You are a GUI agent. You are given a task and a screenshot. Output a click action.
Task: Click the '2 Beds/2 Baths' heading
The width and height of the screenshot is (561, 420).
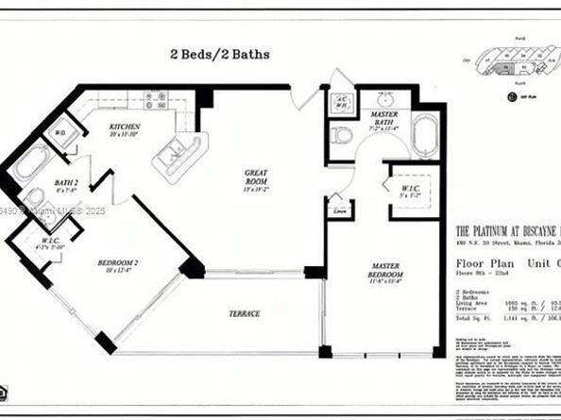click(218, 54)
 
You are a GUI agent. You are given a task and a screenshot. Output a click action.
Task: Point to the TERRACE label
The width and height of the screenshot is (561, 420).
click(242, 313)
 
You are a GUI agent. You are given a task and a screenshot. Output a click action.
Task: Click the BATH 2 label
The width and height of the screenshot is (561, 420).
click(66, 185)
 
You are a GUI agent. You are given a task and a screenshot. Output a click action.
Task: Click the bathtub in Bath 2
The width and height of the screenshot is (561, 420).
click(30, 162)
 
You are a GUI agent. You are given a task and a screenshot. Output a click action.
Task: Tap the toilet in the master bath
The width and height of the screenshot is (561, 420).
click(342, 136)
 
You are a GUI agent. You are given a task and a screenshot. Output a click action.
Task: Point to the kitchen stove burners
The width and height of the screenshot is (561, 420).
click(155, 99)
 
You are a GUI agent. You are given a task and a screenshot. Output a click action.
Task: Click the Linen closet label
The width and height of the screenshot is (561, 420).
click(336, 211)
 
